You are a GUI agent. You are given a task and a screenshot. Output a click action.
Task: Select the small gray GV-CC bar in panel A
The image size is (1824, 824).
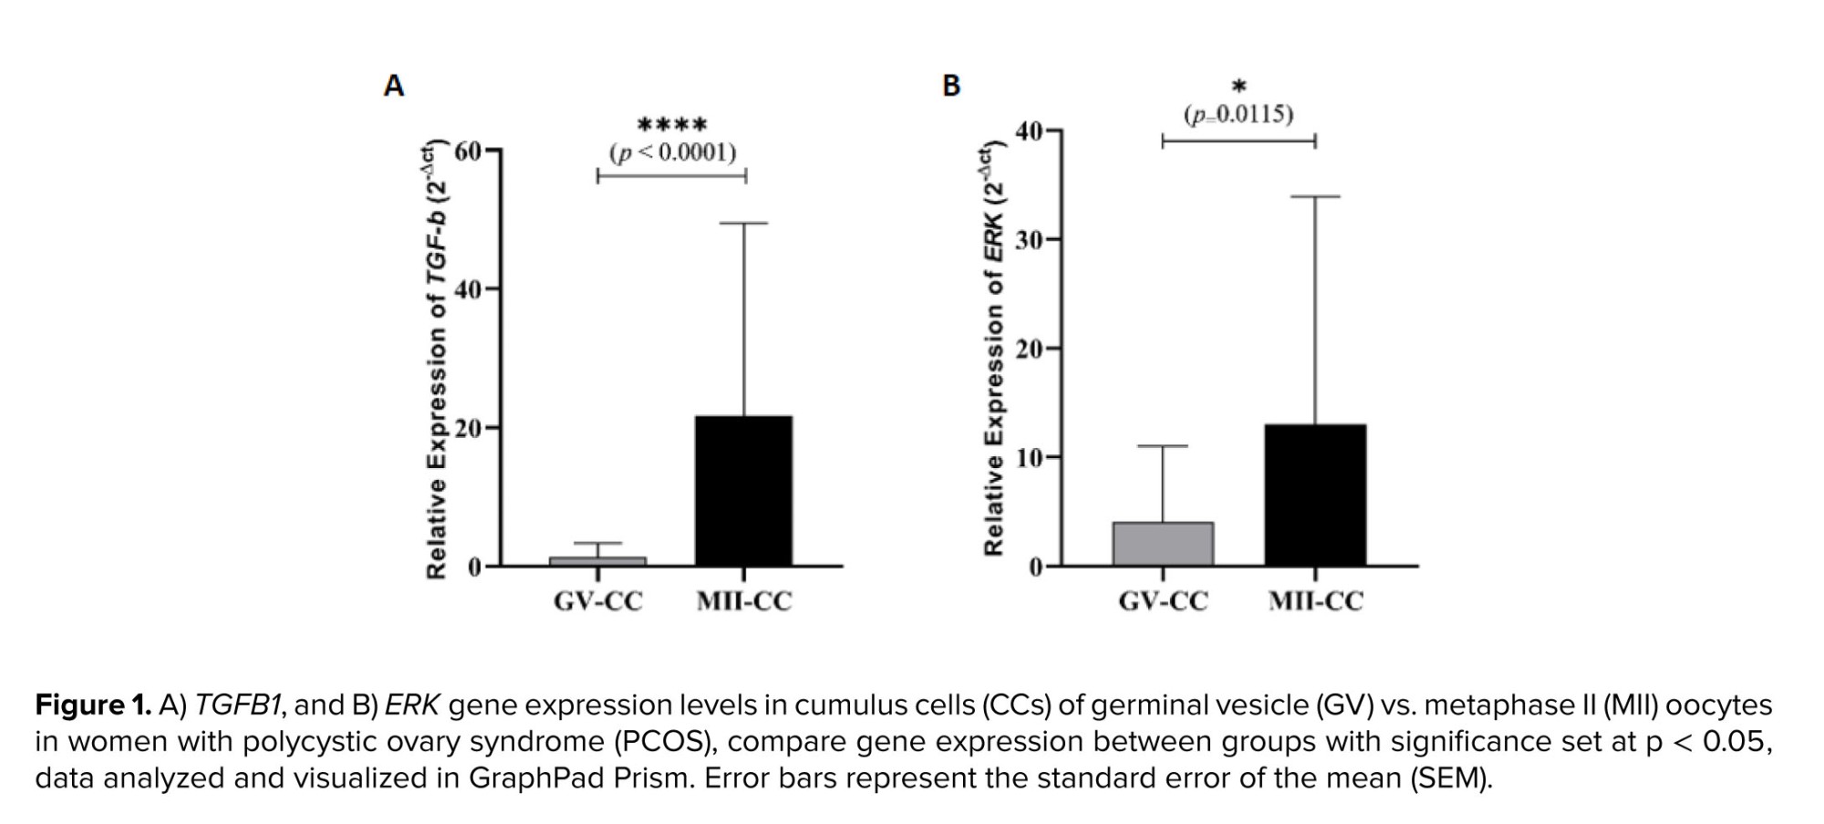597,561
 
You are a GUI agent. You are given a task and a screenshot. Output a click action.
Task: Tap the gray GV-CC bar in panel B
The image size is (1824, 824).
1163,544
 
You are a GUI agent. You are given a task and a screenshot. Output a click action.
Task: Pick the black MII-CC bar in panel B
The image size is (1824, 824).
1315,495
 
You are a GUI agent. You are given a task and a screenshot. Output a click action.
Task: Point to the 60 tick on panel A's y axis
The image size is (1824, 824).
468,151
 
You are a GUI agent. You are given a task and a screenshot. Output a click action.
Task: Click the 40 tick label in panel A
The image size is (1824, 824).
468,289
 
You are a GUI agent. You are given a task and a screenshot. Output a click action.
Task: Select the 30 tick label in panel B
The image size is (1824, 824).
1030,239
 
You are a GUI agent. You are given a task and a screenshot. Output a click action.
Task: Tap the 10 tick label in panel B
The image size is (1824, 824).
1030,457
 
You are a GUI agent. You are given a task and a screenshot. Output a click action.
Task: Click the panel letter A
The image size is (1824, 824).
393,86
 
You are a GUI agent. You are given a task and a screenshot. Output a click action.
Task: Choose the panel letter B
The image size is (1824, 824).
950,86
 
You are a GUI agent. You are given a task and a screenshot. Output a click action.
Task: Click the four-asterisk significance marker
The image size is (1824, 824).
672,124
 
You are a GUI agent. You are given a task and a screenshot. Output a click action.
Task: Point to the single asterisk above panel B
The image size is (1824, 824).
1238,87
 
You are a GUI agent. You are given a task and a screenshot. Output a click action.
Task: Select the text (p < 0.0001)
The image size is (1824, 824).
672,151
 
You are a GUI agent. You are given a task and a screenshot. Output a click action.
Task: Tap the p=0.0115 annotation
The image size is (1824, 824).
1238,115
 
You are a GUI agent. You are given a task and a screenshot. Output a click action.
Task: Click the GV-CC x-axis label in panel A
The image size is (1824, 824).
597,601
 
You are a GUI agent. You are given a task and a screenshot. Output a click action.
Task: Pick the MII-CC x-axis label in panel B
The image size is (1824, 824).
1315,601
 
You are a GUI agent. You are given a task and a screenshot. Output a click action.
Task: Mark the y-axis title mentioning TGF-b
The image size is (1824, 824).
438,360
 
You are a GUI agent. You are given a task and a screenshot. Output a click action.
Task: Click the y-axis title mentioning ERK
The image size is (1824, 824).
993,351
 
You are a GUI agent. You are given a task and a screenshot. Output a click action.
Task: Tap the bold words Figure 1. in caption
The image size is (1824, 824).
93,705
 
